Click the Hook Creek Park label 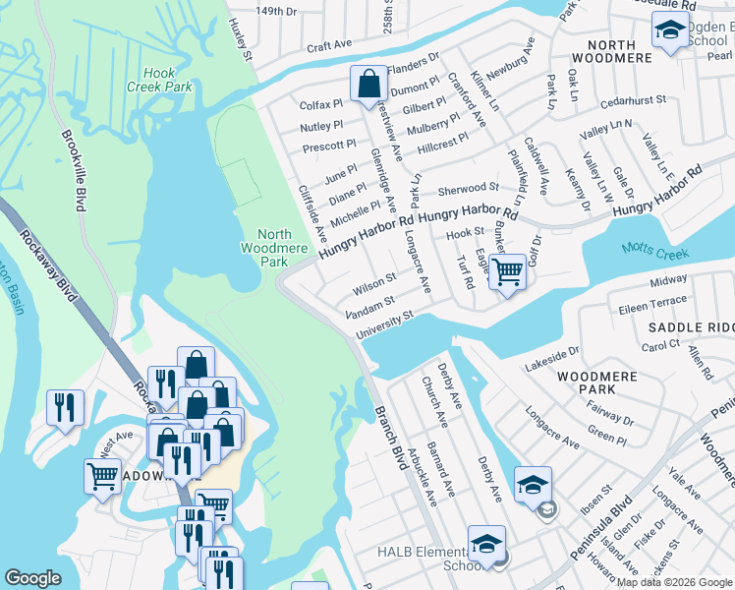(x=166, y=80)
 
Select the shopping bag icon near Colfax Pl (x=368, y=86)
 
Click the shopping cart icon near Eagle (x=507, y=270)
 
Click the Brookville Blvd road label (x=74, y=172)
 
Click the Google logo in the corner (x=33, y=578)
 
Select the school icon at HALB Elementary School (x=486, y=544)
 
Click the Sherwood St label (x=468, y=188)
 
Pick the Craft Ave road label (x=328, y=45)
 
